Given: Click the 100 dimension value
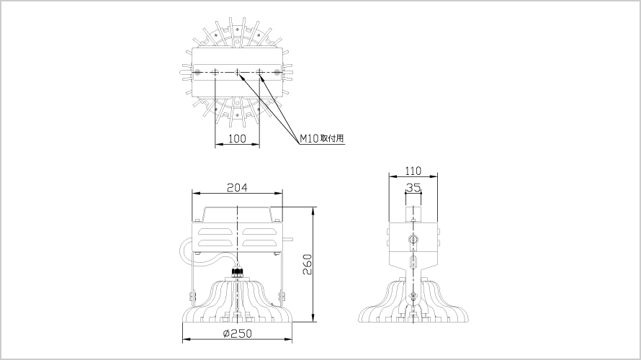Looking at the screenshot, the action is click(x=237, y=138).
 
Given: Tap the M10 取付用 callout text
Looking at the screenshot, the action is click(x=322, y=138).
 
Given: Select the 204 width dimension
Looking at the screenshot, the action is click(x=237, y=187).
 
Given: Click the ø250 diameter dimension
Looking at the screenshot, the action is click(x=237, y=333).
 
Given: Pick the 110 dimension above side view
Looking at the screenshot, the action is click(x=413, y=171).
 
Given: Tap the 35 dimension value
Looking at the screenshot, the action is click(x=413, y=187).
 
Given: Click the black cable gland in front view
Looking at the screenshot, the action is click(x=237, y=272).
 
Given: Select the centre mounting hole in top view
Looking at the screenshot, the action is click(x=237, y=72).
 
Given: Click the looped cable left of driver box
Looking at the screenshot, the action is click(x=185, y=251).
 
